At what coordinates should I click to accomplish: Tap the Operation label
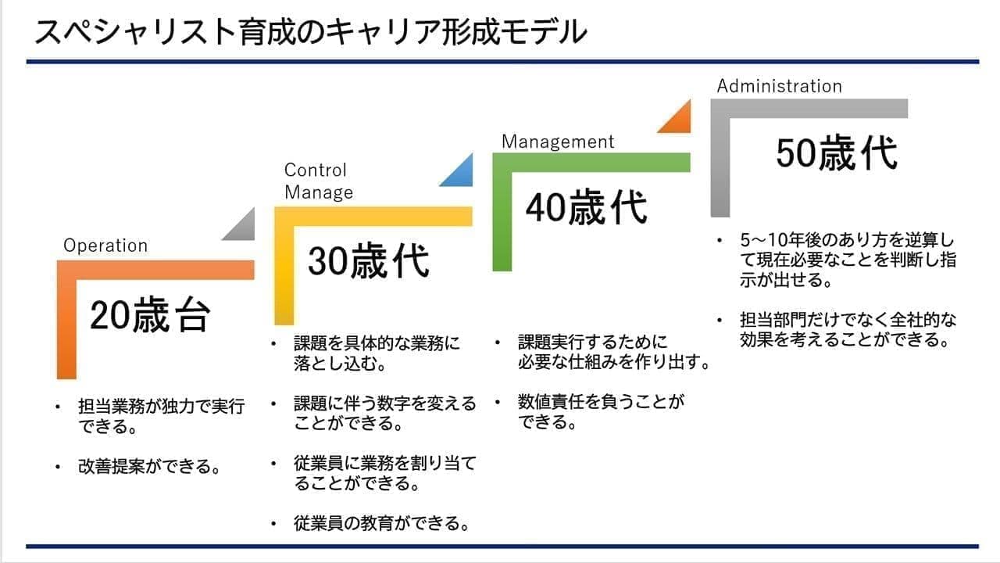coord(105,246)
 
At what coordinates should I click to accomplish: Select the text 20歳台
coord(150,316)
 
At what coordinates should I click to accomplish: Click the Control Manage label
coord(318,181)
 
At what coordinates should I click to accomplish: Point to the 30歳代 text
coord(368,260)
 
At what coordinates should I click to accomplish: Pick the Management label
coord(558,142)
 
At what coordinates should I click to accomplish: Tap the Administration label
coord(779,86)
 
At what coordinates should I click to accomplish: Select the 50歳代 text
coord(837,152)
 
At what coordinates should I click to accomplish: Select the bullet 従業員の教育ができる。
coord(382,523)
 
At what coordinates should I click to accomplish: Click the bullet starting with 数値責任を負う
coord(601,412)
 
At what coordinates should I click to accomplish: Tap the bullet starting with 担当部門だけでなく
coord(847,330)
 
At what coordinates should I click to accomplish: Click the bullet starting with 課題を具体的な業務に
coord(377,353)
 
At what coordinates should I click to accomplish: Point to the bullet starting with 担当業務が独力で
coord(161,417)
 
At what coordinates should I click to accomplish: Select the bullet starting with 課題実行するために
coord(613,352)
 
